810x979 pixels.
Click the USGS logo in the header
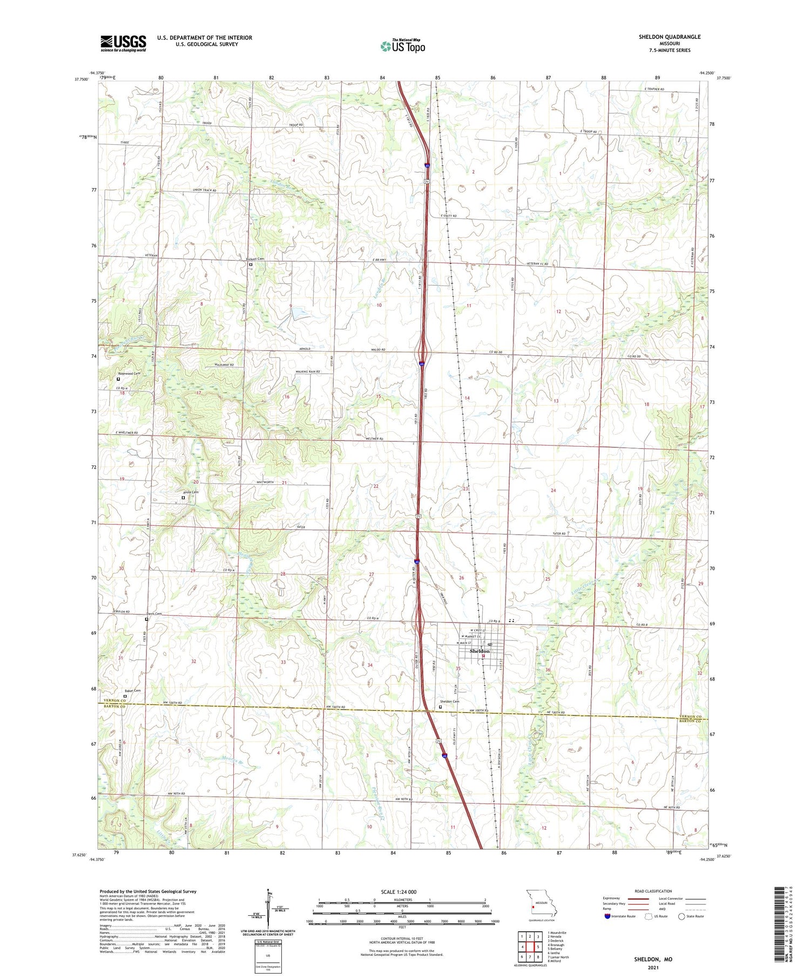coord(123,43)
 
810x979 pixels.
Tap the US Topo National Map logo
coord(403,46)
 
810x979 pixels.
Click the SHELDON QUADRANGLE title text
coord(670,37)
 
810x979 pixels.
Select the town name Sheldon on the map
coord(480,651)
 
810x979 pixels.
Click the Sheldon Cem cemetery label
coord(449,701)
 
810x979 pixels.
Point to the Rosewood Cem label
coord(129,374)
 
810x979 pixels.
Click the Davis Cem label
coord(154,613)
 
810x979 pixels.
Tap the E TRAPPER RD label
coord(653,89)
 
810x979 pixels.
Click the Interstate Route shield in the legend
coord(607,916)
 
